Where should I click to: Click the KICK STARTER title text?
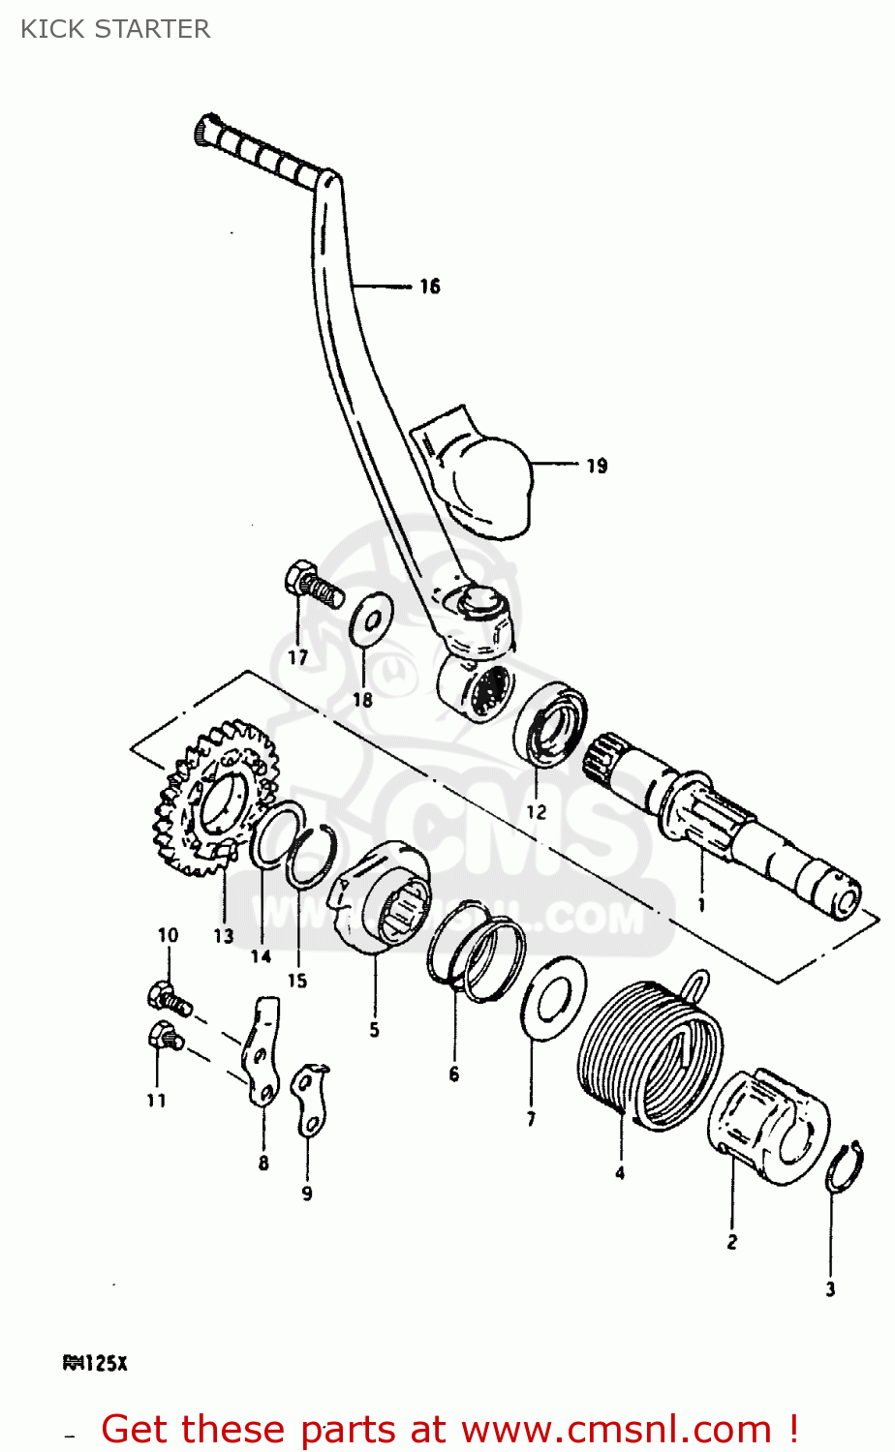click(x=115, y=29)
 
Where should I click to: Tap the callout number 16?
click(x=429, y=286)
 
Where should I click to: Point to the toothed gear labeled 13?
click(x=214, y=799)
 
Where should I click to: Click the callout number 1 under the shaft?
click(x=701, y=905)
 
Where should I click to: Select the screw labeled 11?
click(x=163, y=1038)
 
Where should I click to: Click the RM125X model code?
click(x=95, y=1364)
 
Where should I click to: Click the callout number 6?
click(x=453, y=1074)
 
